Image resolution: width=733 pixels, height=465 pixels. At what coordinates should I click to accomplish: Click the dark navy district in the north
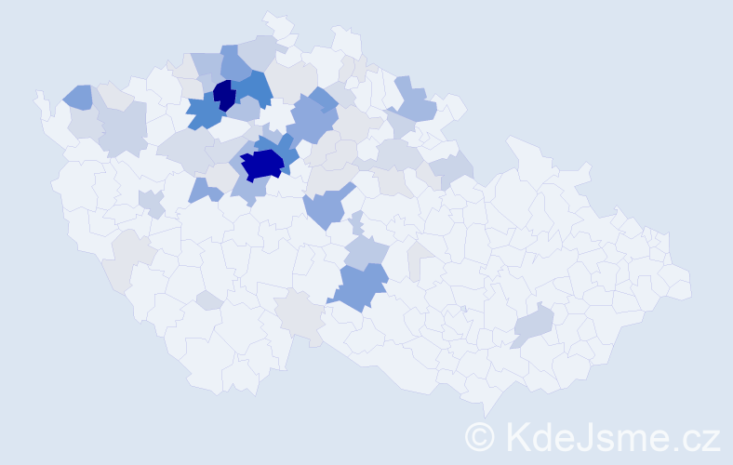tap(224, 95)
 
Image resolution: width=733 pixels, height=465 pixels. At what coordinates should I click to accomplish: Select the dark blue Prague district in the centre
tap(263, 165)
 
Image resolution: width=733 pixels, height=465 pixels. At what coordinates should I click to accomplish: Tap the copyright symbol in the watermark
tap(480, 435)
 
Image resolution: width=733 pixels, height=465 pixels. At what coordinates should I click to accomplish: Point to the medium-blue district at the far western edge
tap(78, 95)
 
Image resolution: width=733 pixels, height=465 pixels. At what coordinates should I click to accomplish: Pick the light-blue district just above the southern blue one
tap(365, 251)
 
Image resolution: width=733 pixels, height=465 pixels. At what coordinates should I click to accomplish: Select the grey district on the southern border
tap(302, 316)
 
